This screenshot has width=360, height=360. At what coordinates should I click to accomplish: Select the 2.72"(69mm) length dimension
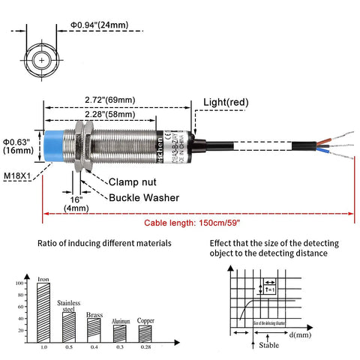[109, 100]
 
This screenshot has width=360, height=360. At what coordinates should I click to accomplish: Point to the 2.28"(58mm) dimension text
[109, 114]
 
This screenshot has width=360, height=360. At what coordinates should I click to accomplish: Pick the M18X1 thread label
[18, 176]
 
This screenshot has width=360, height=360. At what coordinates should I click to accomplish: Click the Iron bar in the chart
[43, 310]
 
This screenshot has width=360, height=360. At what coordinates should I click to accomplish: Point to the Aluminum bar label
[120, 321]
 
